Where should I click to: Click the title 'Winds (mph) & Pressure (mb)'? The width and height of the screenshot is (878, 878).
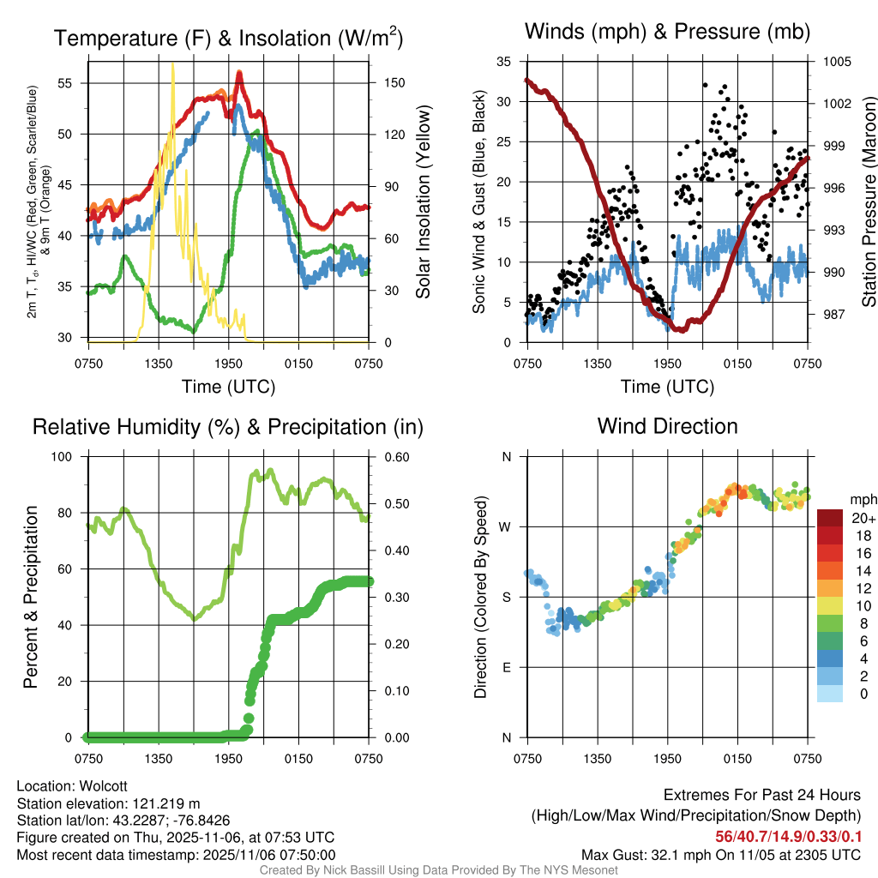(x=667, y=33)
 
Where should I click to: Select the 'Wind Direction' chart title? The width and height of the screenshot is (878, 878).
(x=667, y=426)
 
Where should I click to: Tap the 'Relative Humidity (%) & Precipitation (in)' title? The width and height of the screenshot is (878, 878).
(x=227, y=426)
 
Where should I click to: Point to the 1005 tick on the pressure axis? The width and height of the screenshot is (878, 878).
(x=836, y=62)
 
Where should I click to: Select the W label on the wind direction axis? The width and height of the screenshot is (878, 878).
(x=506, y=526)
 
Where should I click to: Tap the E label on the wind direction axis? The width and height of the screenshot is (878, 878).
(x=507, y=667)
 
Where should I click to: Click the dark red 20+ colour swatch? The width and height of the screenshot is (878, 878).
(x=830, y=517)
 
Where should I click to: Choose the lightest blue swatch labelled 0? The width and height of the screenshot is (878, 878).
(x=830, y=695)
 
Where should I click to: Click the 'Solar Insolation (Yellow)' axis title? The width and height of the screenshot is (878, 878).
(x=423, y=202)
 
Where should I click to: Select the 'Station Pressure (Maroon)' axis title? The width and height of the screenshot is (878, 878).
(x=869, y=202)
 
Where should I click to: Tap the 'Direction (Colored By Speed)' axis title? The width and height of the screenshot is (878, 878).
(x=480, y=597)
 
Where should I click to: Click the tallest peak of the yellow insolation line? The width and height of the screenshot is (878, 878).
(x=173, y=64)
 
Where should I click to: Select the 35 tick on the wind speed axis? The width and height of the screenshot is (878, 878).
(x=504, y=62)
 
